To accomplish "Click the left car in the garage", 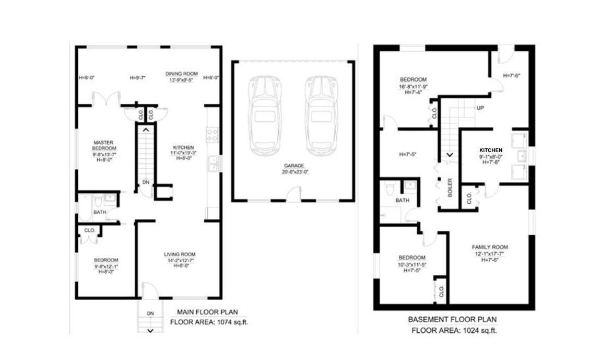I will pos(265,115).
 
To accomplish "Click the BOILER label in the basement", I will pos(450,188).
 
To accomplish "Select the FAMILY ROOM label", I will pos(490,247).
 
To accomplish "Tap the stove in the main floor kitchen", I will pos(213,135).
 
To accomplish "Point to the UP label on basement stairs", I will pos(479,108).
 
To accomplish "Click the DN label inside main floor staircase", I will pos(146,183).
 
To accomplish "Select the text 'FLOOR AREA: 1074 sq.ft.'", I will pos(209,322).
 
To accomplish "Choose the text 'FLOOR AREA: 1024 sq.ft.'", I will pos(454,330).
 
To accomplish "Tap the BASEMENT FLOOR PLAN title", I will pos(452,319).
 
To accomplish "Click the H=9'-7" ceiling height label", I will pos(137,78).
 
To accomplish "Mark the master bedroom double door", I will pos(107,99).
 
